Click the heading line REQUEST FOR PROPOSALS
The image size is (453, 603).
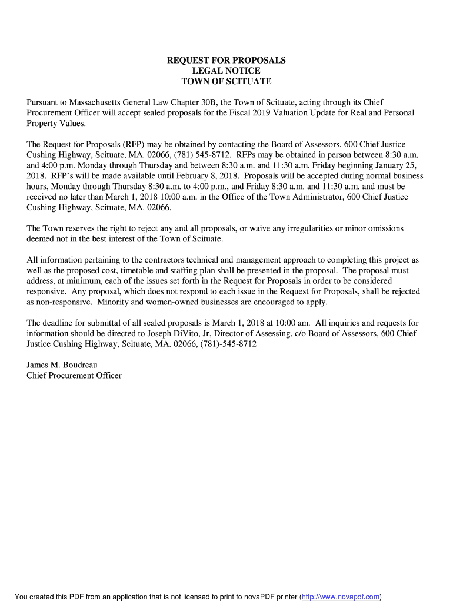[226, 61]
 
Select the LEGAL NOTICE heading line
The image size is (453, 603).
[226, 71]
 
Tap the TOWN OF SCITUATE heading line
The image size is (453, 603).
[226, 81]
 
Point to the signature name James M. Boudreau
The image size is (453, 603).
[62, 365]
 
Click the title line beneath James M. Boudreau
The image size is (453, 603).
[74, 376]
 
